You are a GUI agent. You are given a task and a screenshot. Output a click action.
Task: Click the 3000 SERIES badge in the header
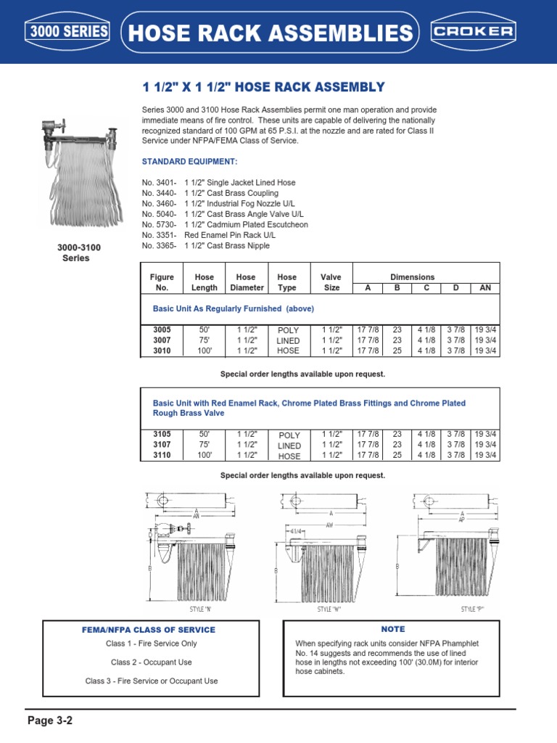tap(67, 32)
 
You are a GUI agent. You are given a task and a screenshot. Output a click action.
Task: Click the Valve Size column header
tap(331, 282)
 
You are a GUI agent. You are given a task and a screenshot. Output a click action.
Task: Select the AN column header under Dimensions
tap(485, 288)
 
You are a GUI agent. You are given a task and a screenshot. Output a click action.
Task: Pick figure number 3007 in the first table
tap(161, 340)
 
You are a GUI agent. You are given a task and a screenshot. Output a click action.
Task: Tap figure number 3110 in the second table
tap(161, 455)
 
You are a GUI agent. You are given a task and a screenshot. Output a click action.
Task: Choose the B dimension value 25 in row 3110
tap(397, 455)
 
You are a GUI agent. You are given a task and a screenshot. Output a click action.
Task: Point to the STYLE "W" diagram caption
tap(329, 609)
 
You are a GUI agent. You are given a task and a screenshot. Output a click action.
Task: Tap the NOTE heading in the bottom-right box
tap(392, 629)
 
